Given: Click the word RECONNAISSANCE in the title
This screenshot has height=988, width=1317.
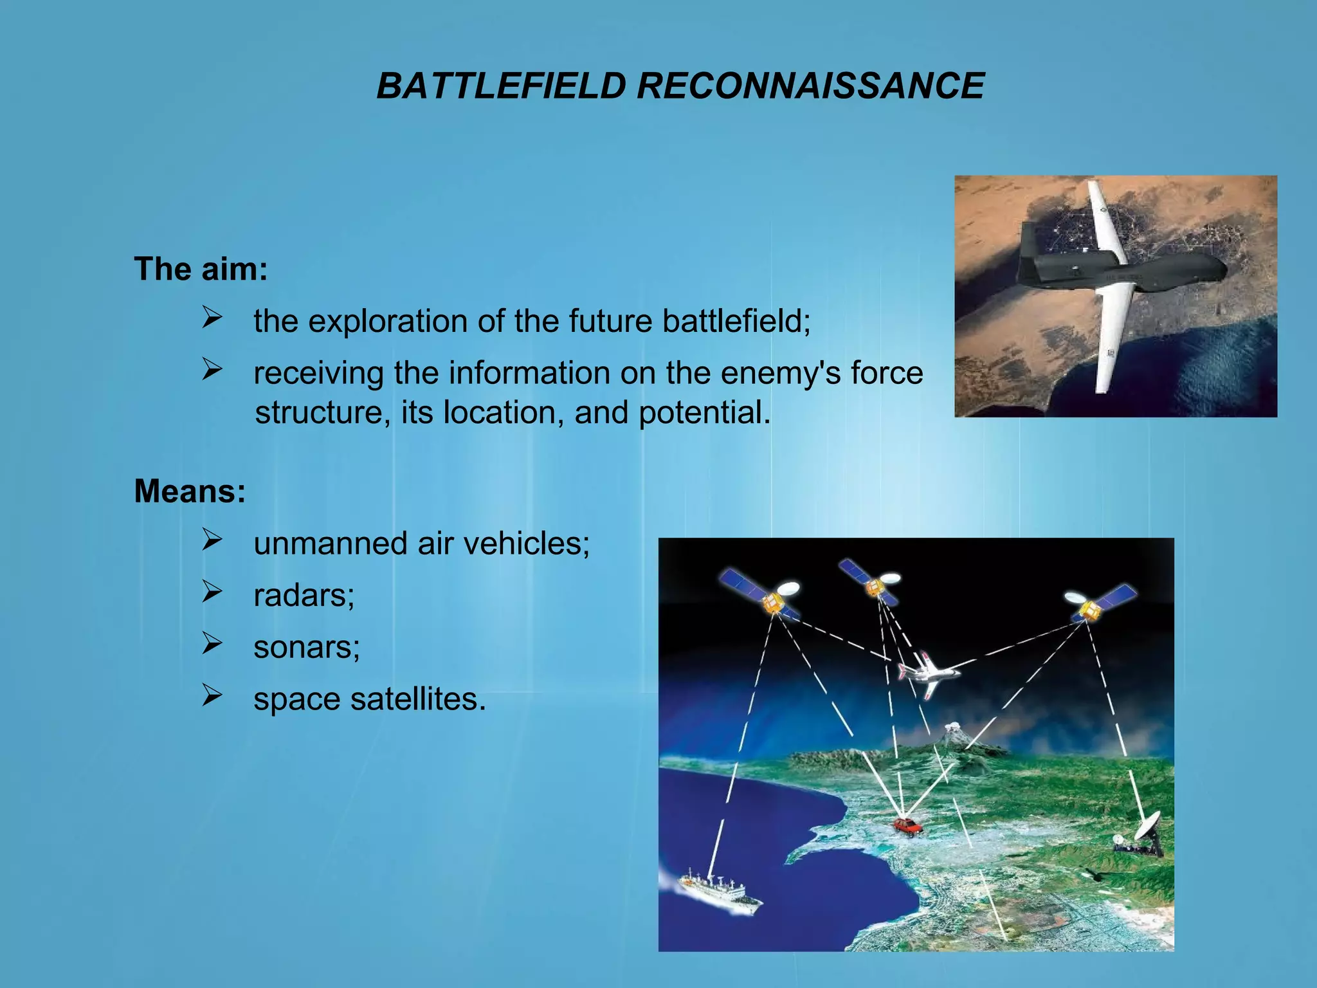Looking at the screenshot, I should click(810, 86).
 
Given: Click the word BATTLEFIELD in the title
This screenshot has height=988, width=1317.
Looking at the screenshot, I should click(501, 86).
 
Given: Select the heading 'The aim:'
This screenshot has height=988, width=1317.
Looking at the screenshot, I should click(201, 269).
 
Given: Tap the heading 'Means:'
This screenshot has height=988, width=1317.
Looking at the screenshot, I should click(190, 491).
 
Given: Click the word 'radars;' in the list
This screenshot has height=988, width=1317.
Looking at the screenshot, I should click(304, 595).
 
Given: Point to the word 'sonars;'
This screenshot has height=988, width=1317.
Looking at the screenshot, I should click(307, 647).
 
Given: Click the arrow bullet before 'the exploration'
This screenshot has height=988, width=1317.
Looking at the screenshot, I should click(212, 317).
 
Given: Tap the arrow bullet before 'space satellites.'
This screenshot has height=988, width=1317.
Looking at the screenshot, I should click(212, 695).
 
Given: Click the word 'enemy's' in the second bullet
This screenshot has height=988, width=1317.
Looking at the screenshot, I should click(781, 373).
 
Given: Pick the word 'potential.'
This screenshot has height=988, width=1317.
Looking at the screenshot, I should click(704, 412).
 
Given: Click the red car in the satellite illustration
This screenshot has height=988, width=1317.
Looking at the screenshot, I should click(907, 827).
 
